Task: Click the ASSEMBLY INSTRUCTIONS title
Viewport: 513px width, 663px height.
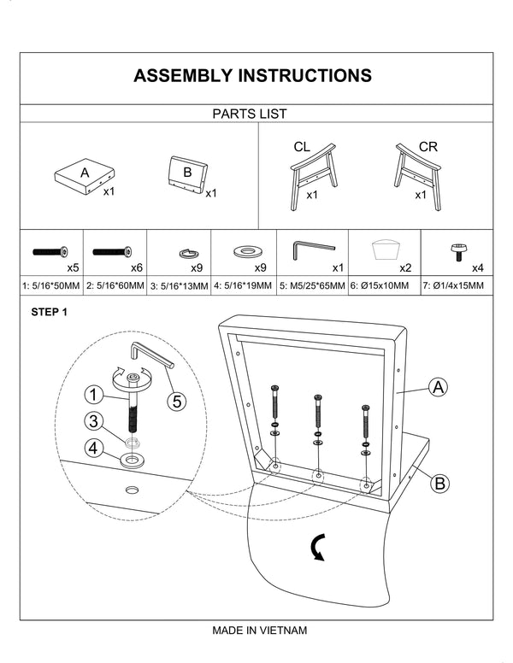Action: pos(252,76)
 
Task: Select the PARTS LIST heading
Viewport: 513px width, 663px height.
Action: pos(249,114)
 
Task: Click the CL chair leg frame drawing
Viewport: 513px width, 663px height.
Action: pos(313,175)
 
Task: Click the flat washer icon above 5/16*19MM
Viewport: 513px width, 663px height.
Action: pos(247,251)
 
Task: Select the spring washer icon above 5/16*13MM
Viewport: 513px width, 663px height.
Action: pos(188,252)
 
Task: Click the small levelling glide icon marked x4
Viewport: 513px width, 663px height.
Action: pos(459,252)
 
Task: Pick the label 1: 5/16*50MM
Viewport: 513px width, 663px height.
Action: pos(52,286)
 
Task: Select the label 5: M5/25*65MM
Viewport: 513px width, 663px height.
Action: pos(312,286)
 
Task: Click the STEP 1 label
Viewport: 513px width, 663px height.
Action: pos(49,313)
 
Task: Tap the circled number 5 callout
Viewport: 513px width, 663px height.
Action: pos(175,400)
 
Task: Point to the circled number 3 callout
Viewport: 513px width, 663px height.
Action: pos(94,420)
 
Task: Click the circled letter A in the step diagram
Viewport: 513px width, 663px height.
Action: pos(438,388)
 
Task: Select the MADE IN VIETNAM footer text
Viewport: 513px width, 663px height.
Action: pos(259,631)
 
